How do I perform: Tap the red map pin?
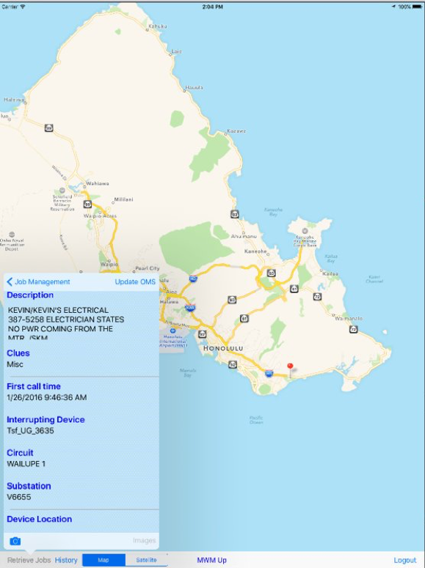coord(290,367)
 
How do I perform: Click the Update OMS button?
coord(135,281)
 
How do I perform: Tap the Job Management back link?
coord(38,281)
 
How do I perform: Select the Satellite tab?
coord(146,560)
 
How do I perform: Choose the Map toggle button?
coord(103,560)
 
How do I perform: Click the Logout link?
coord(404,560)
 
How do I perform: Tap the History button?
coord(66,560)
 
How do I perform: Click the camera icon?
coord(15,541)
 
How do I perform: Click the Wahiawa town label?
coord(97,184)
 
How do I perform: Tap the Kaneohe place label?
coord(254,251)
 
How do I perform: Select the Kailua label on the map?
coord(330,273)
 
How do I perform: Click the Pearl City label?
coord(148,268)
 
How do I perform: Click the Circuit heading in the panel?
coord(20,453)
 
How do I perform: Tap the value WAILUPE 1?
coord(26,464)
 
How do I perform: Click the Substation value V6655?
coord(17,497)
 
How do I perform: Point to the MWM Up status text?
coord(211,560)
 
